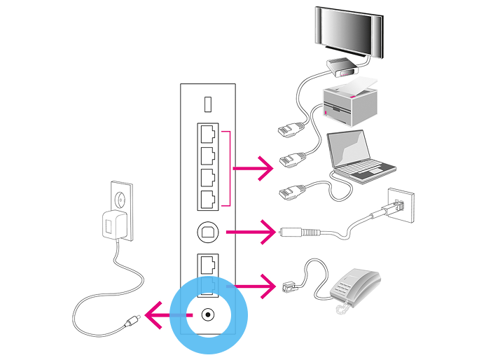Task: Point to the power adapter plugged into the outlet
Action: tap(112, 223)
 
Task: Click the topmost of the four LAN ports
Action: tap(207, 132)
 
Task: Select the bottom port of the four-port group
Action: tap(207, 200)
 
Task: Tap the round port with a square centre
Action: tap(207, 230)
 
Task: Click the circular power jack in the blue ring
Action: tap(207, 314)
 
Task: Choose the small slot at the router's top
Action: tap(207, 104)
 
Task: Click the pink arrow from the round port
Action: tap(252, 230)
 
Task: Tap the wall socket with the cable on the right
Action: tap(399, 207)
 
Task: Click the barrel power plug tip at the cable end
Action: tap(132, 322)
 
